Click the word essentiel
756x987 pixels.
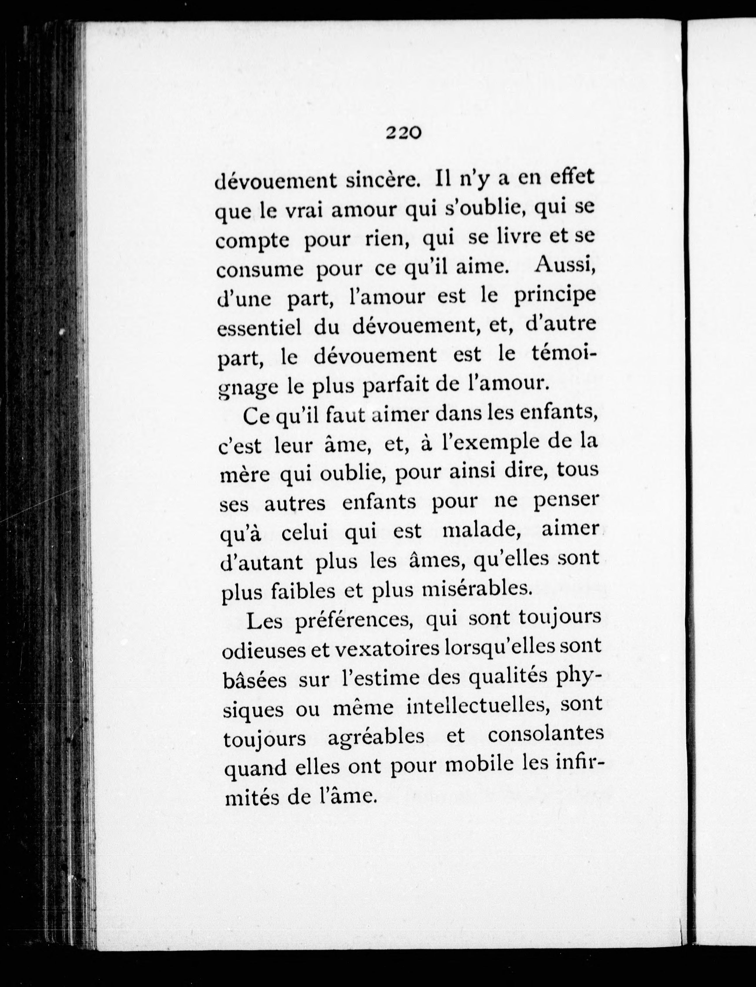259,328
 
